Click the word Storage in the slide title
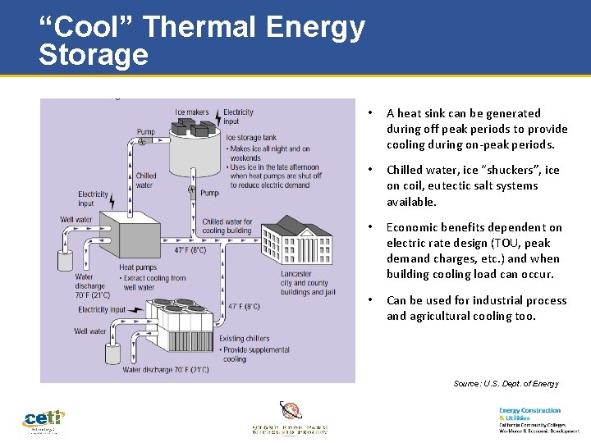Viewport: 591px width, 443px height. pyautogui.click(x=93, y=55)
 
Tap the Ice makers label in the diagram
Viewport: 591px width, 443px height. pyautogui.click(x=192, y=112)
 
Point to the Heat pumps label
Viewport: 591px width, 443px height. pyautogui.click(x=137, y=267)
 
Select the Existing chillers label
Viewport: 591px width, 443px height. pyautogui.click(x=244, y=338)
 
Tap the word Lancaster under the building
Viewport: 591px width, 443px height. pyautogui.click(x=296, y=274)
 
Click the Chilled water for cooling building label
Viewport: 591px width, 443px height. pyautogui.click(x=227, y=226)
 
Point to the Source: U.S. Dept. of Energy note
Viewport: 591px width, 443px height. pyautogui.click(x=506, y=384)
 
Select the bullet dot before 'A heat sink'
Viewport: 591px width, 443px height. pyautogui.click(x=371, y=113)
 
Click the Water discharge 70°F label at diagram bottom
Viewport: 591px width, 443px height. pyautogui.click(x=165, y=370)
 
